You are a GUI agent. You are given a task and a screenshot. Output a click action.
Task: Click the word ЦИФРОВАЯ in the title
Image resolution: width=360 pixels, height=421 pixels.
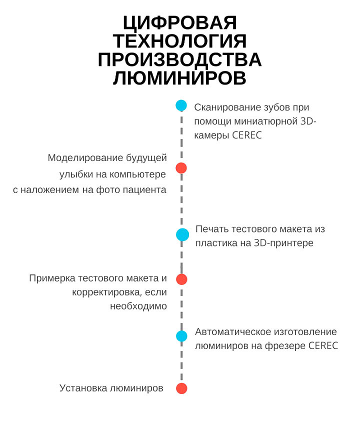[180, 22]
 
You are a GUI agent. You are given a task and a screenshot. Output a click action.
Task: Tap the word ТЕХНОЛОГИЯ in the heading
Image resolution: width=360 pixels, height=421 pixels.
[179, 41]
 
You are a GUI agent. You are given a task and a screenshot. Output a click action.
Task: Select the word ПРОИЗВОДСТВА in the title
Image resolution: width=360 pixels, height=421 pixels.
[179, 59]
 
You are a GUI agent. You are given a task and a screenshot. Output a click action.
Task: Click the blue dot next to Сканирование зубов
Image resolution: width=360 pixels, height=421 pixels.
[181, 105]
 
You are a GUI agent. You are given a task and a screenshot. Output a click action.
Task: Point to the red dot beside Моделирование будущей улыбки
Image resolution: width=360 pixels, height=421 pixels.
[181, 168]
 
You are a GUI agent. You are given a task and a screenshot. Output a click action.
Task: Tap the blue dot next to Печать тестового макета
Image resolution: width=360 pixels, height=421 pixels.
[182, 234]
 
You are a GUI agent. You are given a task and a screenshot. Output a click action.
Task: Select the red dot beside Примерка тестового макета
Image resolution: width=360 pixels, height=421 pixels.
[181, 279]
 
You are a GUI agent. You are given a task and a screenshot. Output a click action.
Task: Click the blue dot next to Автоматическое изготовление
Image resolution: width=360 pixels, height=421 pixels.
[181, 336]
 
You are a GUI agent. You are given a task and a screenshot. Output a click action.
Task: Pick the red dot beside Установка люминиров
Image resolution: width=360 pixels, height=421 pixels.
[181, 388]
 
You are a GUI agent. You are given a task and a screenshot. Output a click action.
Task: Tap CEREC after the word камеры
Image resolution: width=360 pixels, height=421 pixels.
[246, 135]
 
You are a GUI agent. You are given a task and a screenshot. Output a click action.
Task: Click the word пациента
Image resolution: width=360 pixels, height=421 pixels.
[144, 190]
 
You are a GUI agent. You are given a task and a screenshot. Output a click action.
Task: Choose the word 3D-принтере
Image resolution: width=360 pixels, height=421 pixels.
[283, 243]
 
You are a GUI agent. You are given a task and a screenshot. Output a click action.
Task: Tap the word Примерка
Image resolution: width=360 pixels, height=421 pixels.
[52, 278]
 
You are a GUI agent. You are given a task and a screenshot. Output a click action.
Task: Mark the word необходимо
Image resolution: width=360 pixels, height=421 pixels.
[138, 306]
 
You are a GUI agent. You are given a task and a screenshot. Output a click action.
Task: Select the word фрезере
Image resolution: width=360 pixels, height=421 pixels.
[285, 346]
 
